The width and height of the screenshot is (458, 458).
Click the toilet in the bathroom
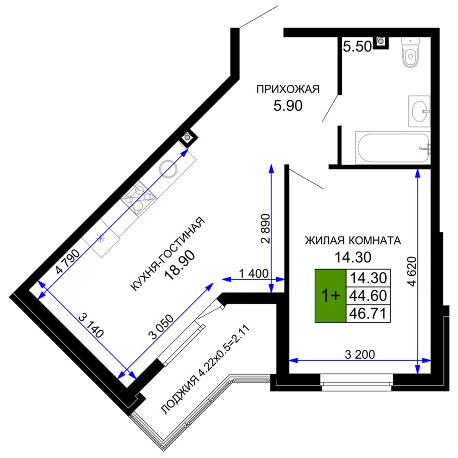(410, 52)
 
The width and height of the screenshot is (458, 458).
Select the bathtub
(393, 148)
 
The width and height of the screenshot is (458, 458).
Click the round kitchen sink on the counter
(168, 169)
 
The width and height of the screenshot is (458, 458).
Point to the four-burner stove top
(139, 198)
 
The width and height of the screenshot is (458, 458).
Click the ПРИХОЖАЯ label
(288, 89)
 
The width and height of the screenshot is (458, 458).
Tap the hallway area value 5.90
(288, 106)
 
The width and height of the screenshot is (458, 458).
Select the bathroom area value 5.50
(357, 46)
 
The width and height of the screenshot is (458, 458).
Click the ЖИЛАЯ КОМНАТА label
(353, 241)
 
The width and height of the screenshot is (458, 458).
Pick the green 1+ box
(330, 296)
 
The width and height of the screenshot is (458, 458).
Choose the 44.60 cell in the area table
(368, 296)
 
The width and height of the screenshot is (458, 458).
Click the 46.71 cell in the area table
(368, 314)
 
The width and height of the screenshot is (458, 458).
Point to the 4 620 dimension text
(412, 271)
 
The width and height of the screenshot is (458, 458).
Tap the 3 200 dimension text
(360, 354)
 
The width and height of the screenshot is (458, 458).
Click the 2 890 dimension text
(266, 229)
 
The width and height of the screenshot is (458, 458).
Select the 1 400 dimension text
(254, 274)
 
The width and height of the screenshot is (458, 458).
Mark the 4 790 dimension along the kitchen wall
(67, 261)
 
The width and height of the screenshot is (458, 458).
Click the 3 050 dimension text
(161, 326)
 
